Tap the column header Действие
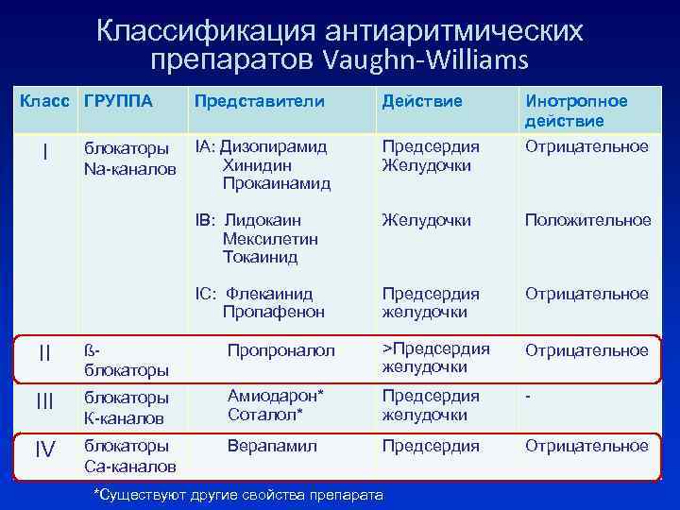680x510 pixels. [x=421, y=100]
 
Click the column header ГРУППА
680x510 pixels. [x=118, y=100]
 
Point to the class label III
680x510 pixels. [x=44, y=402]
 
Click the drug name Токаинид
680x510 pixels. [x=260, y=257]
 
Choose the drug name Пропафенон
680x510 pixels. [x=273, y=312]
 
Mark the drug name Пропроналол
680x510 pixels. [x=281, y=350]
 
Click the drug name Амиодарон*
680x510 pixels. [x=274, y=397]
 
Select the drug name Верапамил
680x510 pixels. [x=272, y=445]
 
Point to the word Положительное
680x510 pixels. [x=588, y=220]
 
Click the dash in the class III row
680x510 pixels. [x=529, y=397]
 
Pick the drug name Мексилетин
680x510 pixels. [x=270, y=239]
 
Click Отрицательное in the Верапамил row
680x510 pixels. [x=586, y=445]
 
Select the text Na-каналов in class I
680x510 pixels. [x=129, y=168]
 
